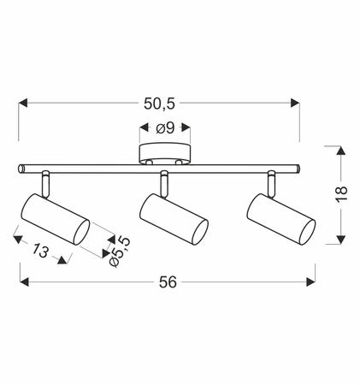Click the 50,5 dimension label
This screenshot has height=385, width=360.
[159, 104]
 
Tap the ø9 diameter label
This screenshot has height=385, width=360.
[165, 128]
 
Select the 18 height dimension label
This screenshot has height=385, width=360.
[341, 194]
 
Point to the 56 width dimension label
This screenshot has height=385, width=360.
[168, 282]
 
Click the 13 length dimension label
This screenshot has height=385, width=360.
[40, 251]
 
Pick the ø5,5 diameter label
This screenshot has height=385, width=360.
[120, 252]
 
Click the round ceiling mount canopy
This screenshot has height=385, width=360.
[165, 155]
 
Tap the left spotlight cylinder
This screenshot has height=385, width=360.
[56, 219]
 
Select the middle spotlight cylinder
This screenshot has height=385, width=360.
[174, 219]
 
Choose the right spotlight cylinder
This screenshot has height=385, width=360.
[281, 219]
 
